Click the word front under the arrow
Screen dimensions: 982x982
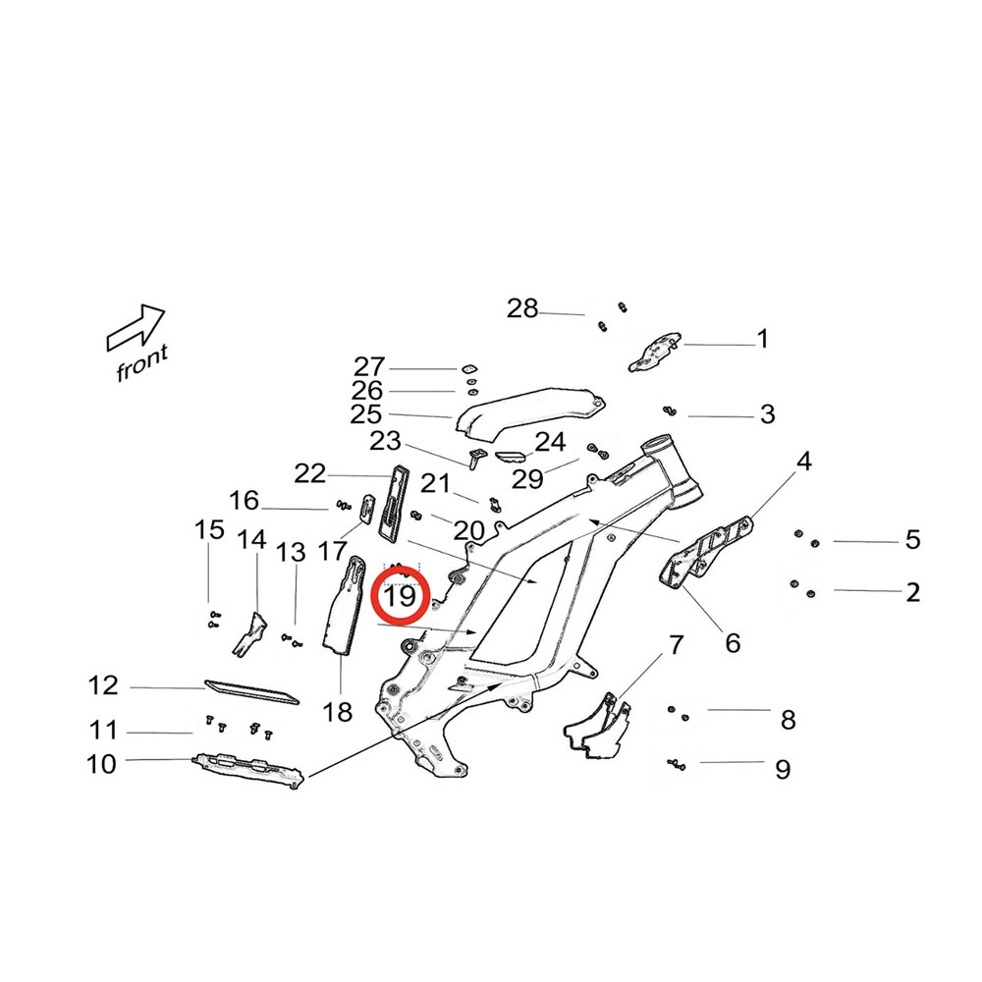pos(141,363)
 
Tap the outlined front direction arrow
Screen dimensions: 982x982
pos(136,327)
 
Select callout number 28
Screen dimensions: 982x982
pos(522,309)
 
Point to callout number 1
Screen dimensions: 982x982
pos(762,340)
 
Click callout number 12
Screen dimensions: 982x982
pos(103,685)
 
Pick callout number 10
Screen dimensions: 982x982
pos(101,763)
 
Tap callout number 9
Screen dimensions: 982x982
pos(782,768)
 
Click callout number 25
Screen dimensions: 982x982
pos(365,414)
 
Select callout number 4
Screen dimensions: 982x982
pos(803,460)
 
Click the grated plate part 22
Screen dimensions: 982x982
pos(394,501)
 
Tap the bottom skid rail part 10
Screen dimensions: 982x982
pos(245,769)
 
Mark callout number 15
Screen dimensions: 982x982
pos(209,531)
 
